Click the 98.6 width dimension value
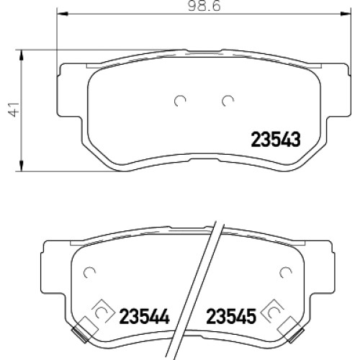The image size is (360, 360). (x=204, y=6)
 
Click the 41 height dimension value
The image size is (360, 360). (x=13, y=109)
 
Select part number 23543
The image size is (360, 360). (x=276, y=140)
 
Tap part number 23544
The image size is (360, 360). (x=145, y=316)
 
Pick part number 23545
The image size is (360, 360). (x=231, y=316)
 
